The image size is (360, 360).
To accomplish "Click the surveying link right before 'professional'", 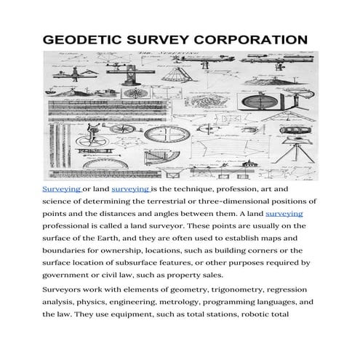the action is point(284,214).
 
